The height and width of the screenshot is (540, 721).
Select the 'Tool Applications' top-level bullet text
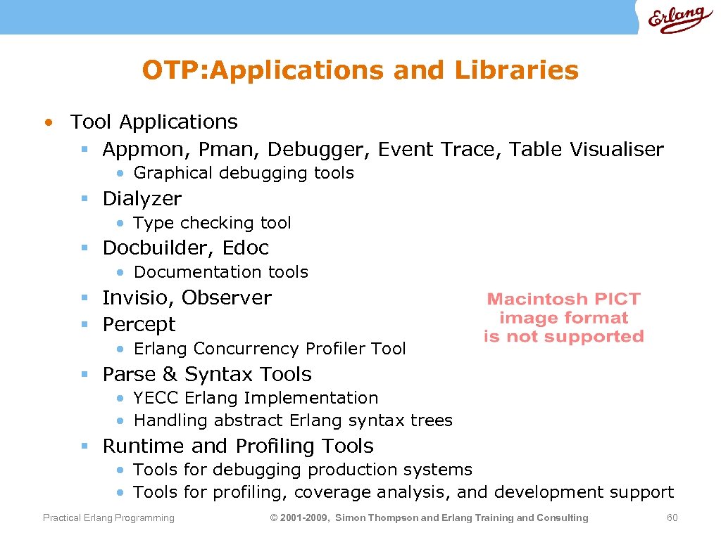(x=154, y=122)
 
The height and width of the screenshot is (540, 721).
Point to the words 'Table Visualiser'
(x=587, y=149)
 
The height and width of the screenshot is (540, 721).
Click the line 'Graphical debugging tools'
(x=243, y=173)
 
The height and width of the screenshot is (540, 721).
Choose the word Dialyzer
(x=142, y=199)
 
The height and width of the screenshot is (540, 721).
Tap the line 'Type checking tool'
(x=212, y=223)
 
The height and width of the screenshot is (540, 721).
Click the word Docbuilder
(x=158, y=248)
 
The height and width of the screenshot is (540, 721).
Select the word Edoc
(x=246, y=248)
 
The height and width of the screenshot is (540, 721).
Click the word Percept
(x=139, y=325)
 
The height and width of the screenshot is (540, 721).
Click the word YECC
(x=156, y=398)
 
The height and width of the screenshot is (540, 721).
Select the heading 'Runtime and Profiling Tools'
(x=238, y=446)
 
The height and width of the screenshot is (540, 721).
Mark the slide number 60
(x=672, y=518)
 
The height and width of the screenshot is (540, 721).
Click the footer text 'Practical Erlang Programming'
(x=108, y=518)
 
